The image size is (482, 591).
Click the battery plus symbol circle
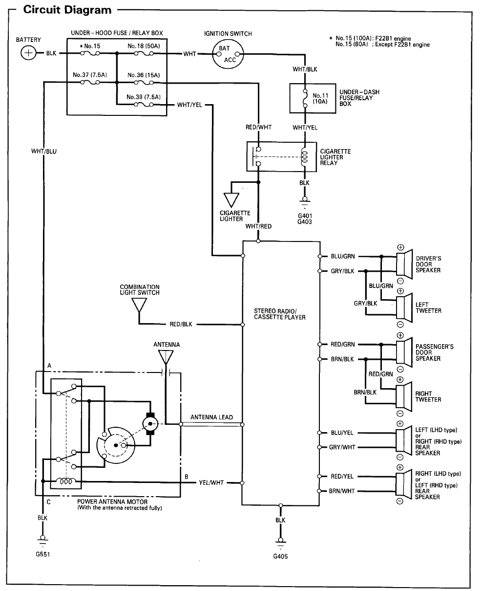(x=29, y=53)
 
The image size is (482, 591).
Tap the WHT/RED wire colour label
(x=258, y=226)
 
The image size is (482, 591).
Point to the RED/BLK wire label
(x=181, y=325)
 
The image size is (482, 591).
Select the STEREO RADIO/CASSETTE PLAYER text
(x=279, y=314)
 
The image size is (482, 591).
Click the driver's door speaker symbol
(x=402, y=263)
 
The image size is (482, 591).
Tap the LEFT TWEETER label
(x=428, y=308)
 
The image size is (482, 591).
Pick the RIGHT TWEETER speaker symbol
(x=402, y=396)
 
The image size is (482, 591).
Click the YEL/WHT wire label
(x=211, y=482)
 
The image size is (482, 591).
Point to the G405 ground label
(x=280, y=556)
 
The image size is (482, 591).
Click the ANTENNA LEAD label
(x=211, y=417)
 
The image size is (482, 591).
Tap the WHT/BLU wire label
(x=44, y=151)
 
